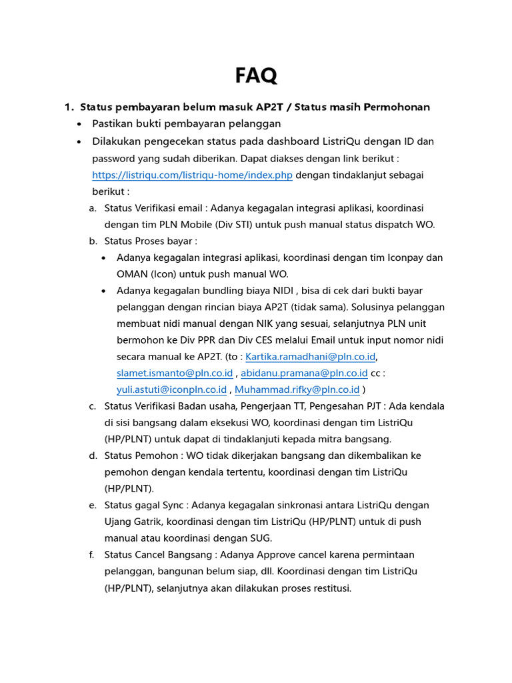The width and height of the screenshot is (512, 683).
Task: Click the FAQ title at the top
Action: tap(256, 75)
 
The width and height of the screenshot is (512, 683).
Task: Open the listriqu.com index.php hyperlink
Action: tap(193, 175)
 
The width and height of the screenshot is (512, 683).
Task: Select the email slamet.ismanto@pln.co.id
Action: tap(174, 373)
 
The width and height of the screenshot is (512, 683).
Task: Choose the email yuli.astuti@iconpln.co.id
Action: tap(171, 390)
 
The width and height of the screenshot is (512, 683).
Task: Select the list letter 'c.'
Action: tap(93, 406)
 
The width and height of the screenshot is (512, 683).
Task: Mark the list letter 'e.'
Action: tap(93, 505)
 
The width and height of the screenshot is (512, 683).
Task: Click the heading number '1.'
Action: tap(68, 107)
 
